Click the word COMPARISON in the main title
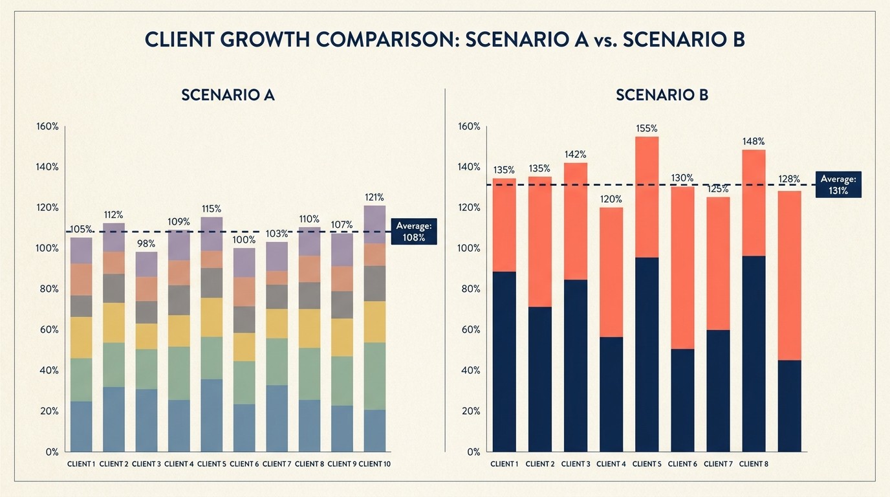(x=400, y=39)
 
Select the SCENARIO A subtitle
(x=228, y=95)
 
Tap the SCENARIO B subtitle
(x=662, y=95)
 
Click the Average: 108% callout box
(x=414, y=231)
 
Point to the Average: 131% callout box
(x=838, y=184)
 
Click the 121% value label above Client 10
(x=374, y=197)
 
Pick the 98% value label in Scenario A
(x=146, y=243)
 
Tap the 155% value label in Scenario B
(x=646, y=128)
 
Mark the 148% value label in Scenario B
(x=754, y=141)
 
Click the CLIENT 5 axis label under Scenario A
(x=211, y=464)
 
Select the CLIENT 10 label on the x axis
(x=374, y=464)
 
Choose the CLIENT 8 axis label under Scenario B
(x=753, y=464)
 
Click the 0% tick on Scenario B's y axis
(x=473, y=452)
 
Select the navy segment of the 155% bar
(x=646, y=354)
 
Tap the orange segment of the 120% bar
(x=611, y=272)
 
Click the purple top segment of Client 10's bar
(x=374, y=225)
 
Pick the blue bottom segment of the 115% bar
(x=211, y=415)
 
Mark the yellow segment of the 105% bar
(x=81, y=337)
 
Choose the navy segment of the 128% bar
(x=789, y=406)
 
